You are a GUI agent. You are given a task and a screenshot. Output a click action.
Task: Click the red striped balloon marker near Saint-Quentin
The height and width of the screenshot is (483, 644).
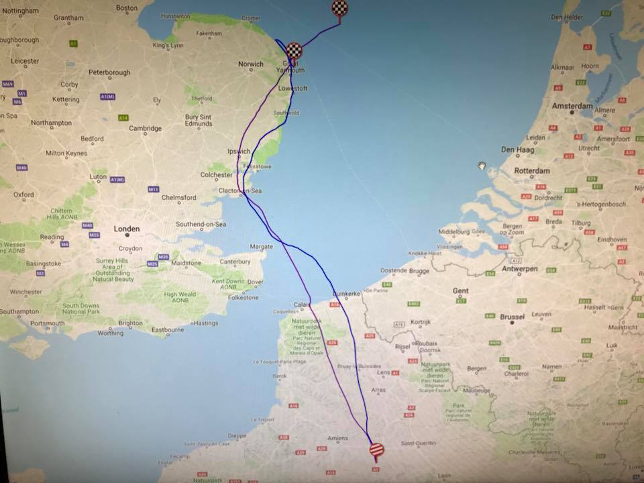[x=377, y=449]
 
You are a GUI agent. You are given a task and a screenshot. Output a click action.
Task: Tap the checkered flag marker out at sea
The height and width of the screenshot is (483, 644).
[x=340, y=9]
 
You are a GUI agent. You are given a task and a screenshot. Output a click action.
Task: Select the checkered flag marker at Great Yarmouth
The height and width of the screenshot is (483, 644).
[x=294, y=50]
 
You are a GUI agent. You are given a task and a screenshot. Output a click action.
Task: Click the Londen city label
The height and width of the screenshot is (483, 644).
[x=127, y=229]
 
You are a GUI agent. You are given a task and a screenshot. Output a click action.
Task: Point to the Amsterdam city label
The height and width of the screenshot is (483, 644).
[x=572, y=106]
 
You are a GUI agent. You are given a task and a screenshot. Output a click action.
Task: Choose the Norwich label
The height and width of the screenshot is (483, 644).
[x=251, y=64]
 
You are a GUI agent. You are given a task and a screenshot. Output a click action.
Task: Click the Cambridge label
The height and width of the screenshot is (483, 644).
[x=146, y=128]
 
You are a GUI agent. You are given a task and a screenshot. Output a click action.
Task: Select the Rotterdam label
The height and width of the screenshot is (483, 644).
[x=532, y=170]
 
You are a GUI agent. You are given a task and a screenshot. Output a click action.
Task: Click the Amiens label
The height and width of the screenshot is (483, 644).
[x=337, y=438]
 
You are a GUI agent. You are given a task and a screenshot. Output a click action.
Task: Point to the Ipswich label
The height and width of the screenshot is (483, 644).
[x=239, y=152]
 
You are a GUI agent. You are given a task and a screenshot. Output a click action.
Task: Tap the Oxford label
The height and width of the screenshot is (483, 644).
[x=23, y=195]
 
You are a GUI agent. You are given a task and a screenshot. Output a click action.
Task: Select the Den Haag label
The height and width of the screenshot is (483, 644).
[x=517, y=150]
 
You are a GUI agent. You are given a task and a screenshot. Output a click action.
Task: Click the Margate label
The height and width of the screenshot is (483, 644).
[x=262, y=246]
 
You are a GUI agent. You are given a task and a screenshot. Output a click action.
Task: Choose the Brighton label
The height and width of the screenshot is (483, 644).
[x=130, y=323]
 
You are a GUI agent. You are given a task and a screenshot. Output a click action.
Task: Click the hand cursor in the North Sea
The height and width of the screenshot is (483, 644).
[x=482, y=165]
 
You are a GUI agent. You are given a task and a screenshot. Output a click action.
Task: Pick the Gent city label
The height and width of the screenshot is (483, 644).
[x=461, y=290]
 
